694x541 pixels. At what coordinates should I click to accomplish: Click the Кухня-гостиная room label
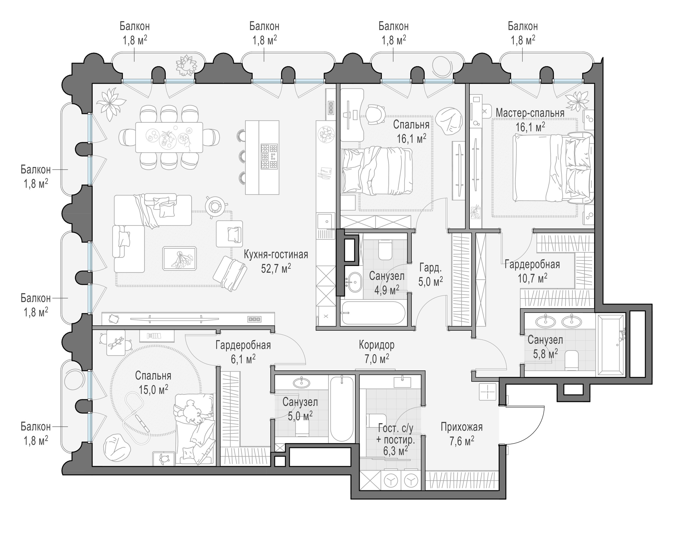coord(276,255)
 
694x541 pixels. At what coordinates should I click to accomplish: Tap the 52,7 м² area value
coord(276,268)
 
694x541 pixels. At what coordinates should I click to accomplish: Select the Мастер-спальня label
coord(530,113)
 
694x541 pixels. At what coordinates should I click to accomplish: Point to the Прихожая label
coord(461,427)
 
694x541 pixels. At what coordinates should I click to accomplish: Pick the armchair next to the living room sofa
coord(229,233)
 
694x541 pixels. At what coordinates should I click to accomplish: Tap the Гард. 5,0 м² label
coord(431,275)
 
